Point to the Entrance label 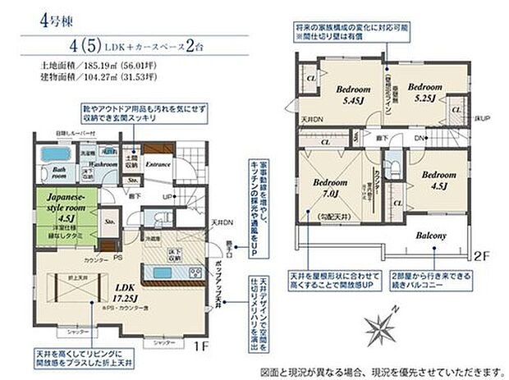pyautogui.click(x=158, y=164)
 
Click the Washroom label pyautogui.click(x=102, y=164)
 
